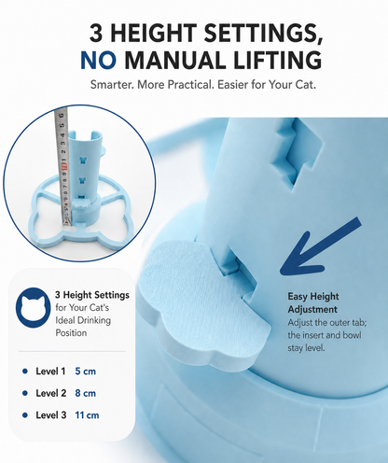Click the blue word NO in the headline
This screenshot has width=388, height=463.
coord(99,61)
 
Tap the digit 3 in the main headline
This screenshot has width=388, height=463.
coord(96,33)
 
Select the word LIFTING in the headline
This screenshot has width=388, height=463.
coord(277,61)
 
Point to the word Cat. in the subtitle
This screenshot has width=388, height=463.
coord(305,85)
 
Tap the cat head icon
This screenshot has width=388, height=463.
coord(34,307)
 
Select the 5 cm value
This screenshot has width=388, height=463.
coord(86,372)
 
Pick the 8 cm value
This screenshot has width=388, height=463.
coord(86,393)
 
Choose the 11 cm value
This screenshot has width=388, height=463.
coord(87,415)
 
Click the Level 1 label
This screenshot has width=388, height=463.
coord(50,372)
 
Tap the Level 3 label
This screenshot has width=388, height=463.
coord(51,415)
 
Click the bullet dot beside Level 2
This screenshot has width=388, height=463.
coord(25,393)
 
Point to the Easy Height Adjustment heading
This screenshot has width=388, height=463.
coord(312,302)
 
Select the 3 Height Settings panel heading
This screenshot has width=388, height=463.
coord(92,295)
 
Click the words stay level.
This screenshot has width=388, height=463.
coord(306,348)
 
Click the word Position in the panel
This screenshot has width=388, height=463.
coord(71,333)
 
